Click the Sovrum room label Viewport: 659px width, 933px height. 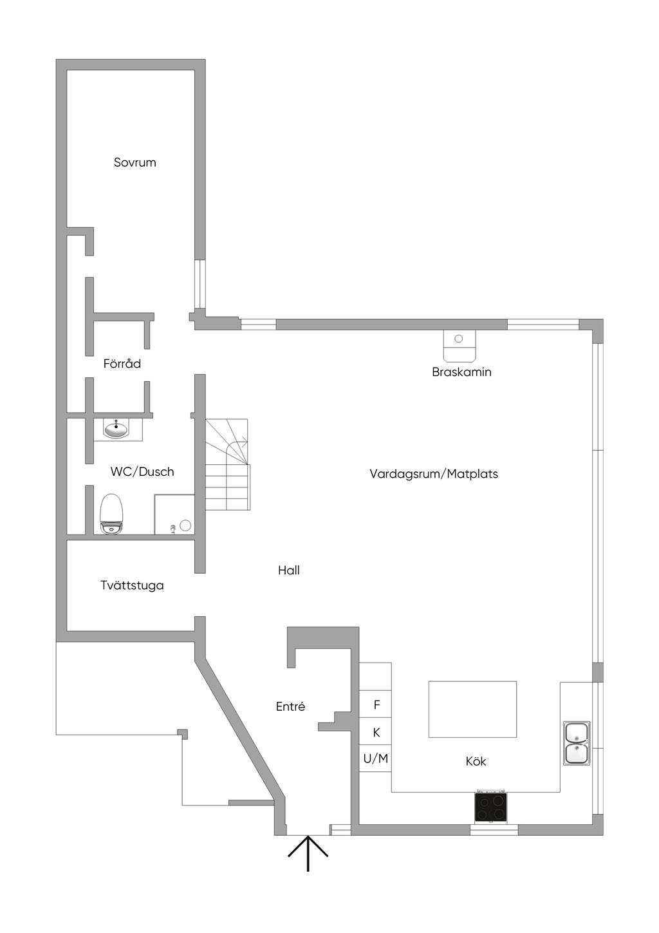point(135,162)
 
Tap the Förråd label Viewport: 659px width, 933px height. point(122,363)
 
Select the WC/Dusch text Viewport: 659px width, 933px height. point(142,472)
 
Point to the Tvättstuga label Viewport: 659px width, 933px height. point(132,585)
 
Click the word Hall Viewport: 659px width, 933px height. point(289,570)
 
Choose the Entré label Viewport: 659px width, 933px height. point(291,706)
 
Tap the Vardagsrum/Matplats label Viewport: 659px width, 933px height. point(434,474)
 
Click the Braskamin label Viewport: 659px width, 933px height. point(461,372)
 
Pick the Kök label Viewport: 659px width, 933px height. point(476,761)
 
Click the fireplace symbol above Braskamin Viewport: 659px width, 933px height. point(459,346)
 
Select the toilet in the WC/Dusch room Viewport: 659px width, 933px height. point(111,514)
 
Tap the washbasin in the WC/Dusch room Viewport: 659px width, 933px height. point(116,429)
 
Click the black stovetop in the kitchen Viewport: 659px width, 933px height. point(491,807)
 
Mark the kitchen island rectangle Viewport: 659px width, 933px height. point(472,710)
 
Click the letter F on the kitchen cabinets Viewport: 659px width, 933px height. point(376,705)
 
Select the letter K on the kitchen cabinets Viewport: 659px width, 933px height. point(376,733)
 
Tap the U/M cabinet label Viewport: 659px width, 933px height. point(376,759)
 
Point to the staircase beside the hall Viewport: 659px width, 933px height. point(227,464)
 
